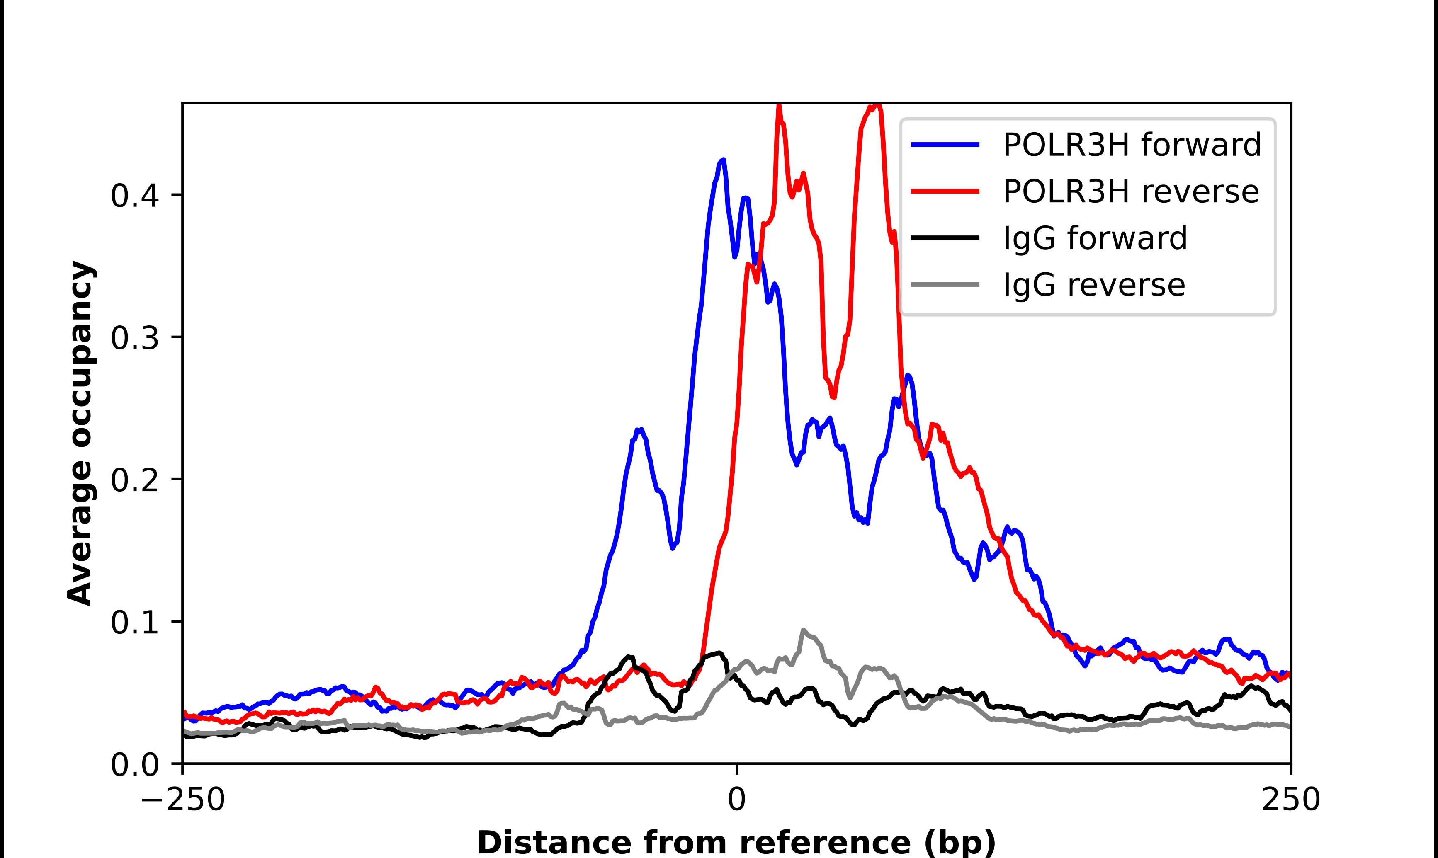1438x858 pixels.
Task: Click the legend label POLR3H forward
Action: (x=1132, y=145)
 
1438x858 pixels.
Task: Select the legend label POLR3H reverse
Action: (x=1130, y=191)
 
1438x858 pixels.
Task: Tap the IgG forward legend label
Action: (x=1095, y=238)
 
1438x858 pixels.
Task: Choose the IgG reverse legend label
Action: (x=1093, y=285)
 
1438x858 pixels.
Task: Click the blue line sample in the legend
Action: (x=945, y=145)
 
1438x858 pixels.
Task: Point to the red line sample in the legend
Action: (x=945, y=191)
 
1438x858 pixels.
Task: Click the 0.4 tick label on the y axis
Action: (x=134, y=195)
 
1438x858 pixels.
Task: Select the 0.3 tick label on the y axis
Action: (x=134, y=338)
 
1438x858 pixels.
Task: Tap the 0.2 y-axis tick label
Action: (x=134, y=480)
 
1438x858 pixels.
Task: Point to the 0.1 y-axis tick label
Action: (x=134, y=623)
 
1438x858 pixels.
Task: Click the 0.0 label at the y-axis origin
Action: (x=134, y=765)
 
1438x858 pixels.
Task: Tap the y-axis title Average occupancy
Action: (x=80, y=434)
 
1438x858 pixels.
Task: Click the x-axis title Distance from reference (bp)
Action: (x=737, y=842)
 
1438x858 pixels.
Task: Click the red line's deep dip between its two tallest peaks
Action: (x=833, y=397)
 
